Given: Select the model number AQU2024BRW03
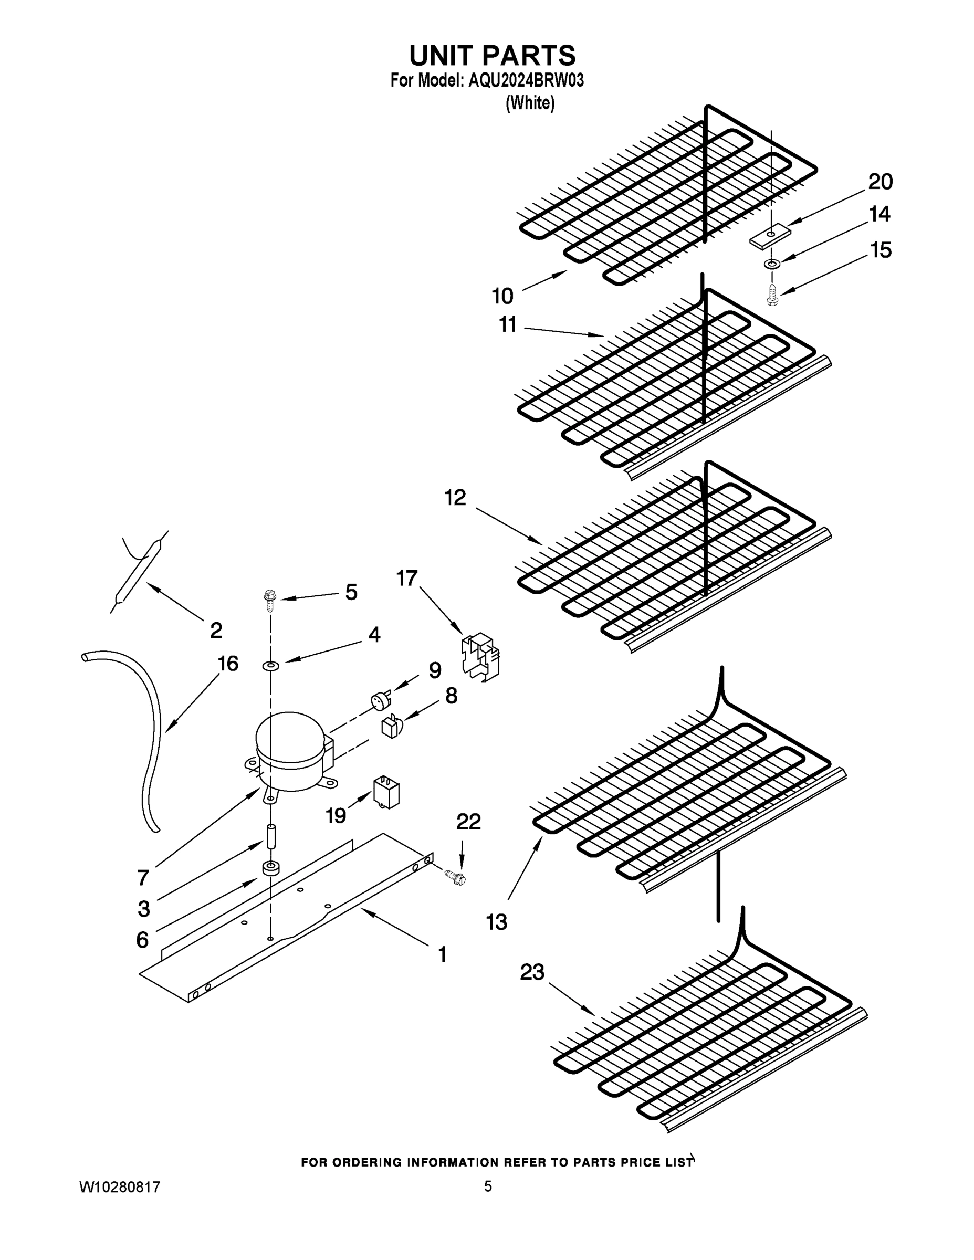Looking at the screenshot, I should click(526, 81).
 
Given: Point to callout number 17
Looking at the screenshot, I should click(407, 578).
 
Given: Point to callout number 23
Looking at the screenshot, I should click(532, 972).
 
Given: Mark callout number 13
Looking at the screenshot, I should click(496, 922).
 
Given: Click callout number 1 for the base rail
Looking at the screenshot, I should click(442, 955).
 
